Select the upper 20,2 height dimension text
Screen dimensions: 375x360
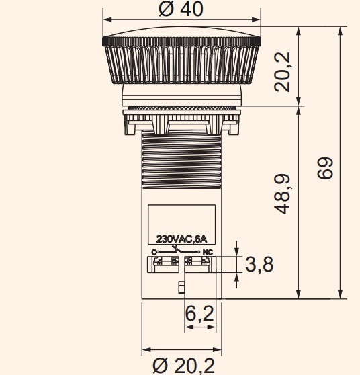click(x=283, y=71)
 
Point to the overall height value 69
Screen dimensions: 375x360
click(x=325, y=169)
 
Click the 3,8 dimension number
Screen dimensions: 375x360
click(x=259, y=265)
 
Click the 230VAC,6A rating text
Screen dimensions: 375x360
click(x=181, y=239)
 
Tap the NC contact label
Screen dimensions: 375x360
click(x=208, y=252)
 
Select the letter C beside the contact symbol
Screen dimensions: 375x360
click(x=154, y=252)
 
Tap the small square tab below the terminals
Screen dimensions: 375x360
click(x=181, y=288)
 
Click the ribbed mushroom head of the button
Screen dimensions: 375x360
click(x=181, y=64)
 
